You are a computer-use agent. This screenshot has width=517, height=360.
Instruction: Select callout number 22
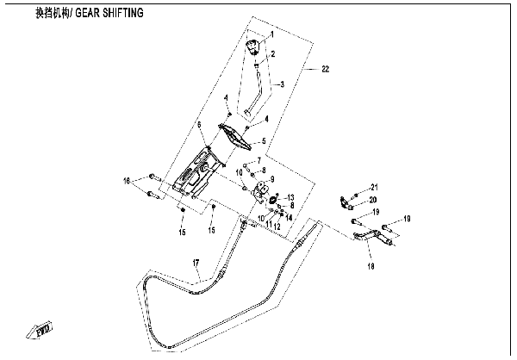[325, 69]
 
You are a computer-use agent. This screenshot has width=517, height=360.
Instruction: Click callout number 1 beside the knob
[271, 34]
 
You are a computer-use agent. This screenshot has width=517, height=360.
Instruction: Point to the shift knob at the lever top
[255, 47]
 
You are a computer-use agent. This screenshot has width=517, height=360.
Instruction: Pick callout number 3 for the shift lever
[280, 84]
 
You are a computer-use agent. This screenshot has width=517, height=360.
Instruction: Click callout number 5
[265, 141]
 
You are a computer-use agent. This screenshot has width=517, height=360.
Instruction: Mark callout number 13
[290, 197]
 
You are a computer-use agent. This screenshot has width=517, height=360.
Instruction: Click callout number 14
[288, 217]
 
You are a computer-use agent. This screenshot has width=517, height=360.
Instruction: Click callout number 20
[373, 200]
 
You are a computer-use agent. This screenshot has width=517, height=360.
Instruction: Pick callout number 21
[374, 188]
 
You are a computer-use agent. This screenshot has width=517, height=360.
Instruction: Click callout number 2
[273, 54]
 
